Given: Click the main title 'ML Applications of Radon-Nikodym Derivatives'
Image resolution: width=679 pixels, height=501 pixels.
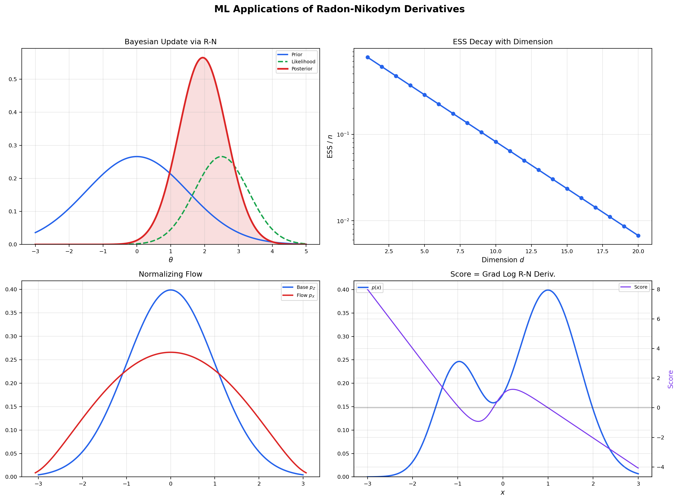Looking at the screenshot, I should coord(339,9).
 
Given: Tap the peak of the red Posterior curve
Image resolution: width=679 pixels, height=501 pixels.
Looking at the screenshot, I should coord(202,58).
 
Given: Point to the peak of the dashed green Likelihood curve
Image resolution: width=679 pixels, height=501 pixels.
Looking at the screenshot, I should coord(222,156).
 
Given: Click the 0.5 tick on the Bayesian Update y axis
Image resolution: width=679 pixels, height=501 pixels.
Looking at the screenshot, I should coord(13,79).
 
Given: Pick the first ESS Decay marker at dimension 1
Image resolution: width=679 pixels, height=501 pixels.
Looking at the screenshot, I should coord(367,57).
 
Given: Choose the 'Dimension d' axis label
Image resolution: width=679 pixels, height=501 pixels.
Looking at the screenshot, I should coord(503,260).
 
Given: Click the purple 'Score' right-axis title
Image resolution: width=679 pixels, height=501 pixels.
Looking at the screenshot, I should coord(670,379).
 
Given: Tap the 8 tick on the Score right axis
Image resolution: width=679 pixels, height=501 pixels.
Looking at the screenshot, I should coord(658,290).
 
